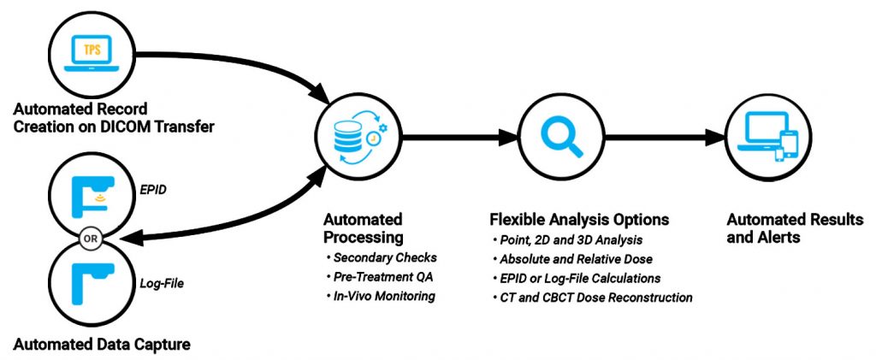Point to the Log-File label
(x=161, y=280)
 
